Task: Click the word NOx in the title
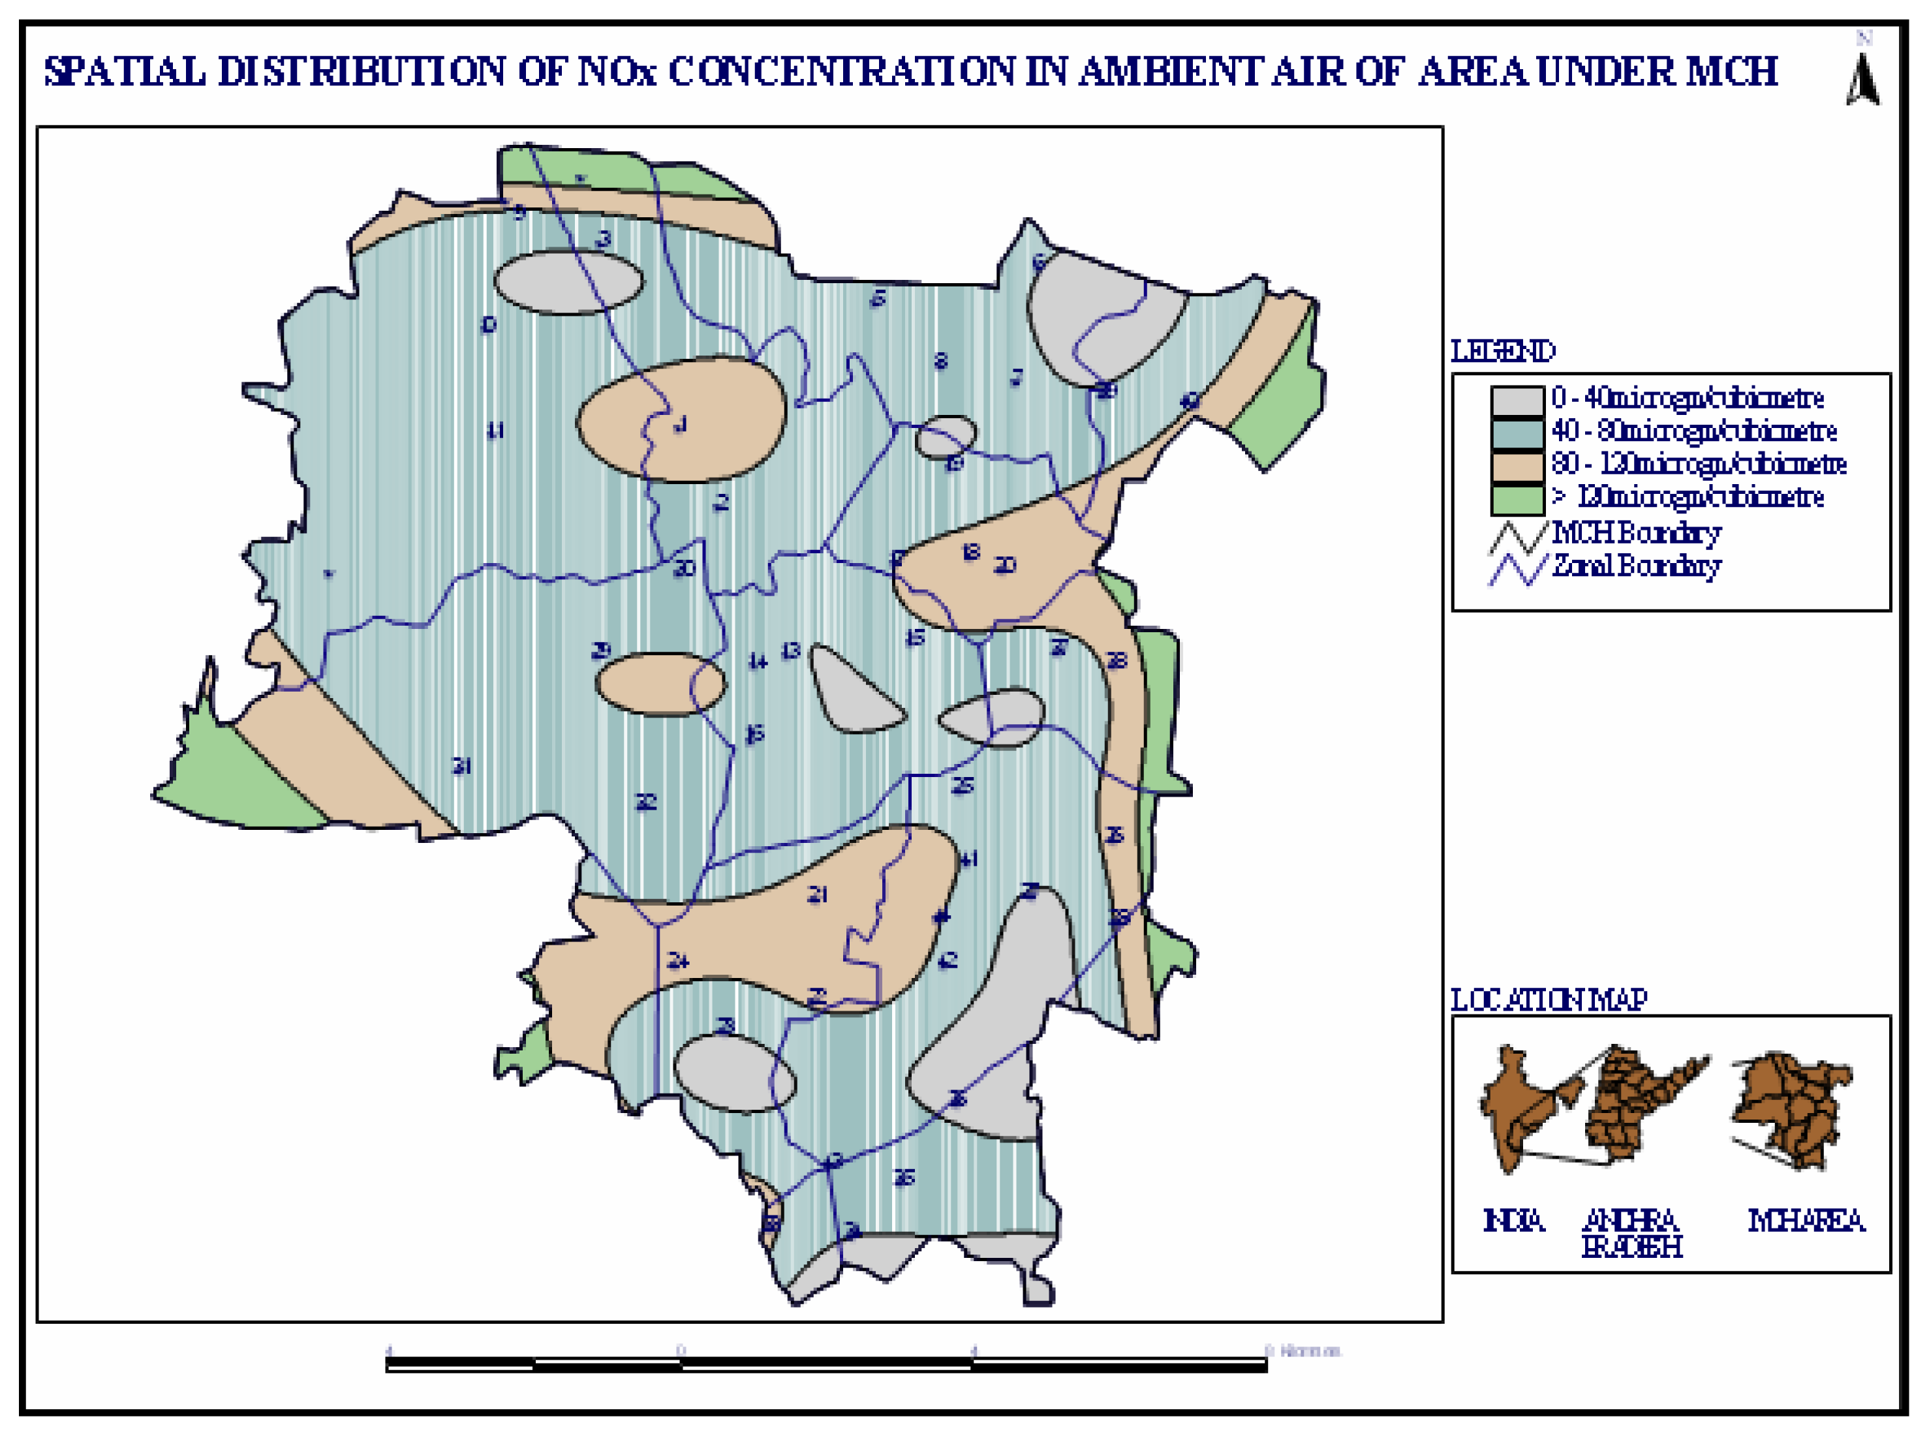tap(617, 71)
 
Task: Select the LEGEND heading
tap(1503, 351)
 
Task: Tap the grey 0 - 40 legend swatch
tap(1517, 400)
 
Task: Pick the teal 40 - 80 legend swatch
tap(1517, 433)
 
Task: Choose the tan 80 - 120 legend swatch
tap(1517, 466)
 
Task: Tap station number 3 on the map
tap(603, 238)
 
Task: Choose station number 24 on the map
tap(678, 960)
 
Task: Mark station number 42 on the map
tap(948, 960)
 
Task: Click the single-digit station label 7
tap(1016, 377)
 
